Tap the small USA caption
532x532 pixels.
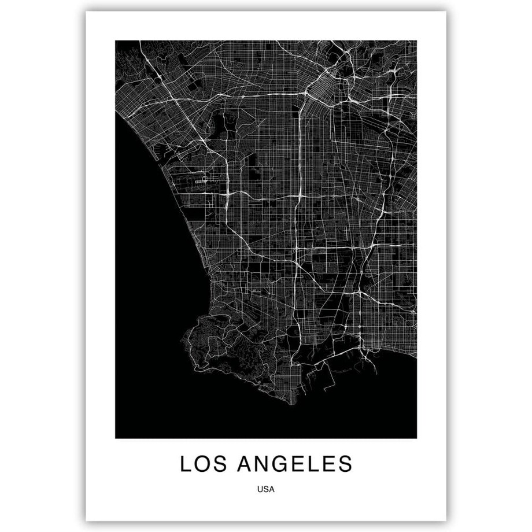click(267, 489)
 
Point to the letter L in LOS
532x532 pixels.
click(186, 464)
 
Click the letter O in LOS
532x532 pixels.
click(202, 464)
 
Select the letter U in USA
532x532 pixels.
click(261, 489)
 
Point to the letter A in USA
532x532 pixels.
click(272, 489)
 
